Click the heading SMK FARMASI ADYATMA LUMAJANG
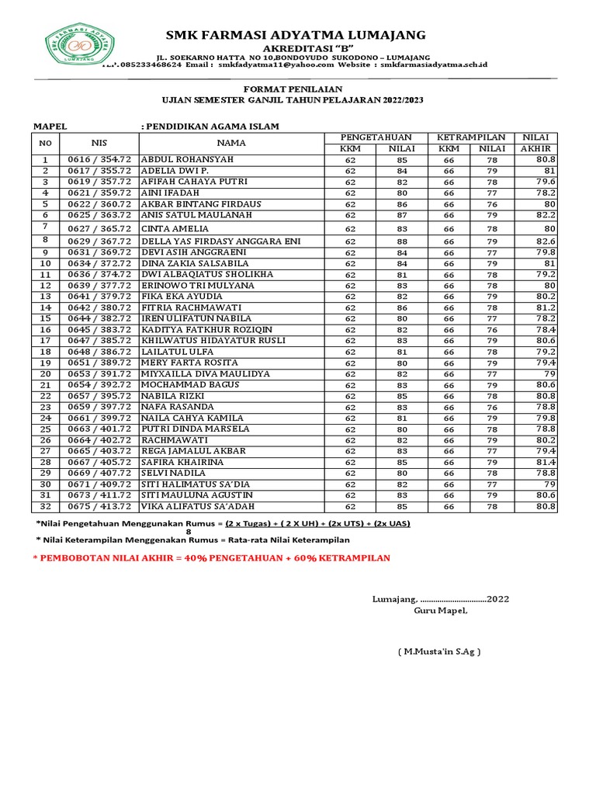click(x=296, y=34)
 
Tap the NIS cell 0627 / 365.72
click(x=99, y=228)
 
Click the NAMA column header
click(x=230, y=143)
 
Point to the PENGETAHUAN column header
click(x=376, y=137)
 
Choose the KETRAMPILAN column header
click(x=471, y=137)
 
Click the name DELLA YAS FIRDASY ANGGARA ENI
click(x=220, y=241)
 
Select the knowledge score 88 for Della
click(x=402, y=241)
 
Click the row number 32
click(x=46, y=506)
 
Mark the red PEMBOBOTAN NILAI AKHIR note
click(x=211, y=558)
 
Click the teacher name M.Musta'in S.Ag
click(x=438, y=651)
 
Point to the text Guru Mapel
click(x=440, y=610)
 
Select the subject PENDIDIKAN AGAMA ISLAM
click(x=210, y=126)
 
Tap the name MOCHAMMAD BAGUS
click(x=189, y=385)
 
